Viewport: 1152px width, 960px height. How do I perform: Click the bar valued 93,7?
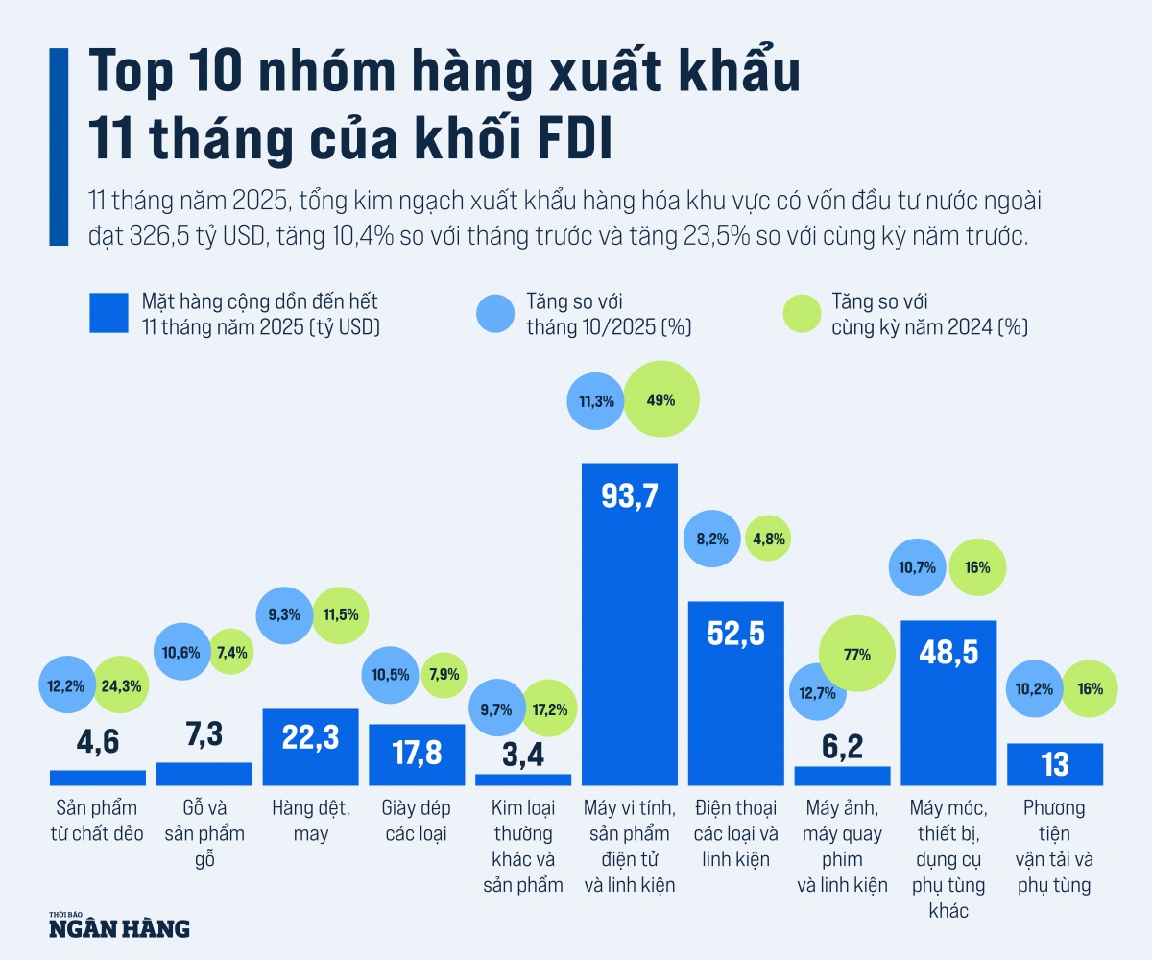630,624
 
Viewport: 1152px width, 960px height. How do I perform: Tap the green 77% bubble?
857,656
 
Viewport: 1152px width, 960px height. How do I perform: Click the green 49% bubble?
662,400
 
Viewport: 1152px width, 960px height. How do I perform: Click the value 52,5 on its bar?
736,635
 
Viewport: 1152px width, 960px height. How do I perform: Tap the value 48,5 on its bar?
948,653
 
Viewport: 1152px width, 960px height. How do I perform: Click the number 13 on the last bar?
1055,765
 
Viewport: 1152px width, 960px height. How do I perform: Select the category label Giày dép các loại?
417,820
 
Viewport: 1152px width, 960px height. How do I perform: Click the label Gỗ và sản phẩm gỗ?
204,832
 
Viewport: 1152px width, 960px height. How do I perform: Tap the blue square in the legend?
108,313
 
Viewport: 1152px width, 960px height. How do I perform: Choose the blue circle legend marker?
495,313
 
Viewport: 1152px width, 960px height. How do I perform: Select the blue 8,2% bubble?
712,539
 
